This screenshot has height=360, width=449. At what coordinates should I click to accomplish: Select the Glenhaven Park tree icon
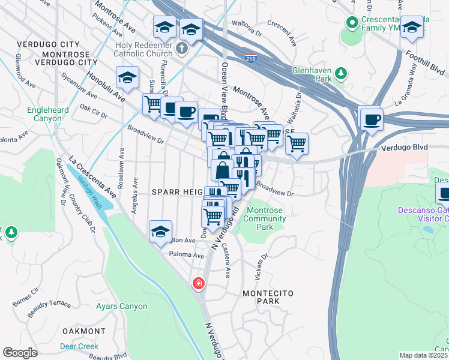340,74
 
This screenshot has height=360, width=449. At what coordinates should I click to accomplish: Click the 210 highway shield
252,58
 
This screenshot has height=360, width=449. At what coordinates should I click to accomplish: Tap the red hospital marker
197,283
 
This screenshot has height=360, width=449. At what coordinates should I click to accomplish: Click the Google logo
20,353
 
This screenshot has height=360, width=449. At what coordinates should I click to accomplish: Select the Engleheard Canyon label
47,114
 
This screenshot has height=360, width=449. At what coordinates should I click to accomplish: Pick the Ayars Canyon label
121,306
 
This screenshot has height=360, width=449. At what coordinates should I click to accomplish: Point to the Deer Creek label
79,346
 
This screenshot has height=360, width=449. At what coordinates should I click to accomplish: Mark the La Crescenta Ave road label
92,178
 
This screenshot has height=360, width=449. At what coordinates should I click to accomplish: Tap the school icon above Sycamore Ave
127,77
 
